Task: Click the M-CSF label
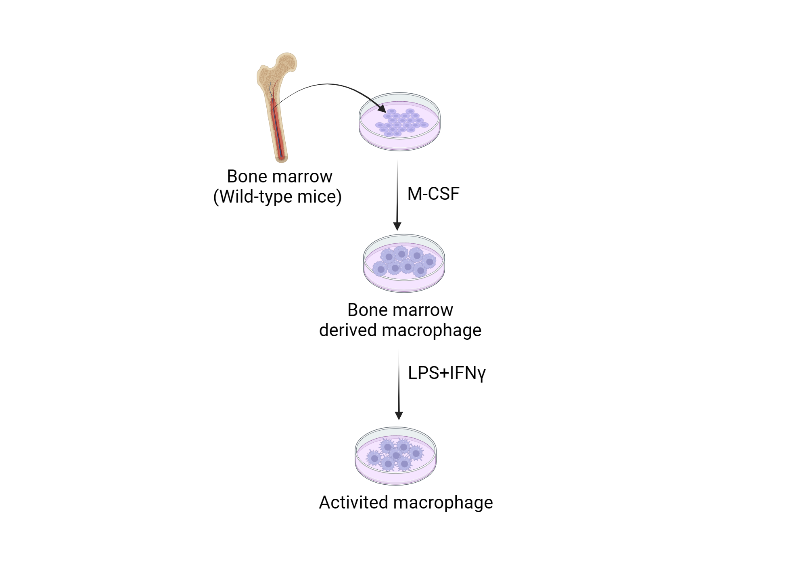click(433, 194)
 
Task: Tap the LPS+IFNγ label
click(446, 373)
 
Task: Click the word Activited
click(353, 503)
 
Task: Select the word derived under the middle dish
click(348, 331)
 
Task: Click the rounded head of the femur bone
click(287, 63)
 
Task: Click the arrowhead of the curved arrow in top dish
click(381, 108)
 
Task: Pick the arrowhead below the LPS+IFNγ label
click(399, 416)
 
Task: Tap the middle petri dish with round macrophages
click(404, 263)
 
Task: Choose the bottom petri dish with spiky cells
click(395, 456)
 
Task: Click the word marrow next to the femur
click(307, 177)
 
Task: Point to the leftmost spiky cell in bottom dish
click(374, 458)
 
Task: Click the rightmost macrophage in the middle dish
click(429, 262)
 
